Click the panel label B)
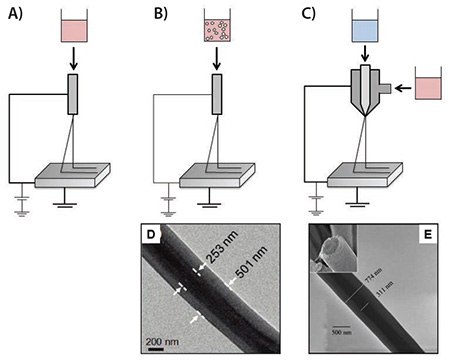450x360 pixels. (x=162, y=16)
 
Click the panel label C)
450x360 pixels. (x=311, y=16)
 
